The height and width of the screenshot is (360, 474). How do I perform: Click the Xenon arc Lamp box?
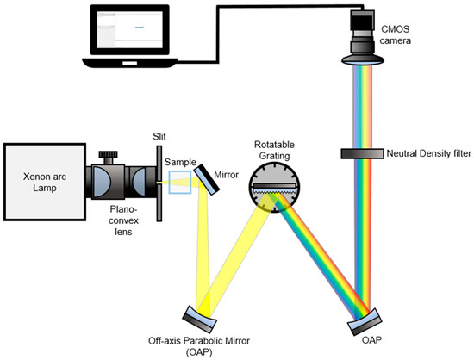[44, 172]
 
